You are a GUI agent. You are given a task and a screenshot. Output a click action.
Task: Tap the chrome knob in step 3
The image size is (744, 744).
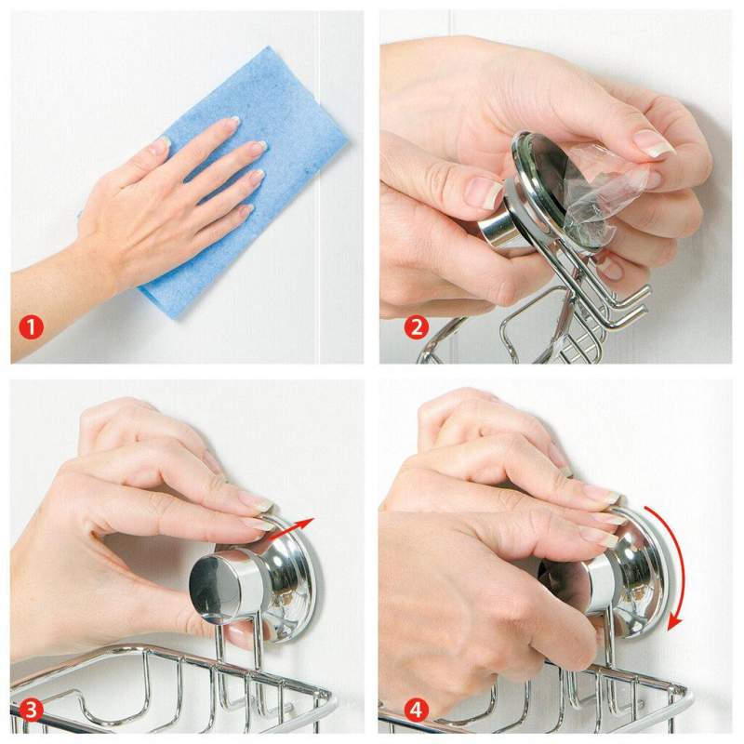(219, 586)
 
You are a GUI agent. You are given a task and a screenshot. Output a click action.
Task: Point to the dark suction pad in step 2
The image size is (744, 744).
(558, 167)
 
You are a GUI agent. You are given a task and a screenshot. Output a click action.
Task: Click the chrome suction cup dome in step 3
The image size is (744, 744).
(279, 577)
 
